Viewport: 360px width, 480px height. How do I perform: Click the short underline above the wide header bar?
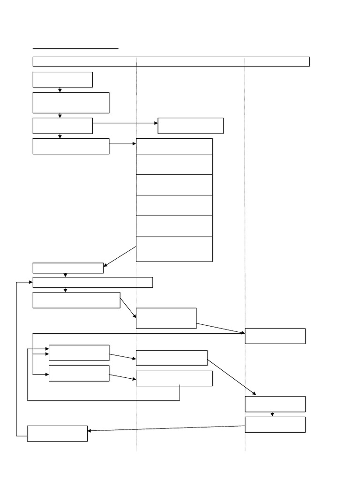tap(75, 48)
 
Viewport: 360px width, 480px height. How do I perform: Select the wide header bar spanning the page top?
tap(171, 61)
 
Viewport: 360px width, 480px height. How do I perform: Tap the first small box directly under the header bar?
tap(62, 80)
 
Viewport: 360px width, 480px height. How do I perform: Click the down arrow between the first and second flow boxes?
tap(60, 90)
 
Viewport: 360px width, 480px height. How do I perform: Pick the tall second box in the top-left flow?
tap(71, 103)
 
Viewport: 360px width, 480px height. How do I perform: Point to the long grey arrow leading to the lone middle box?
tap(125, 123)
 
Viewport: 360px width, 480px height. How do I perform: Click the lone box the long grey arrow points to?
tap(190, 126)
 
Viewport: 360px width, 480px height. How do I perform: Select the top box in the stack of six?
tap(174, 146)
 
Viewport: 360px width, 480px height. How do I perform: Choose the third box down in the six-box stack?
tap(174, 185)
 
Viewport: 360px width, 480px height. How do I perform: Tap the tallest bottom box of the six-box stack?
tap(174, 249)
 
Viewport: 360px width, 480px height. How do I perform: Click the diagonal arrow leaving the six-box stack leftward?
tap(120, 256)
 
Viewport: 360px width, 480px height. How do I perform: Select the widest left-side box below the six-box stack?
tap(93, 282)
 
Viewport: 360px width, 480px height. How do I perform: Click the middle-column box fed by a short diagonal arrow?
tap(166, 318)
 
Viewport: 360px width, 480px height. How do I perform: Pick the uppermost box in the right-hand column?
tap(275, 336)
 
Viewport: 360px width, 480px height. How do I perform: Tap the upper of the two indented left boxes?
tap(79, 353)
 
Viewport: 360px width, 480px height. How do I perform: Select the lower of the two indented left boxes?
tap(79, 374)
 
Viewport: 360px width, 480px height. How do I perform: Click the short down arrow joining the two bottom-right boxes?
tap(272, 414)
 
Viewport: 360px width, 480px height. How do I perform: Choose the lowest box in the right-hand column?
tap(275, 425)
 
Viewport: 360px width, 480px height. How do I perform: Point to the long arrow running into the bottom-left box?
tap(166, 428)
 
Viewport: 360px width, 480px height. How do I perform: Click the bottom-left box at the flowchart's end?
tap(57, 434)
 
